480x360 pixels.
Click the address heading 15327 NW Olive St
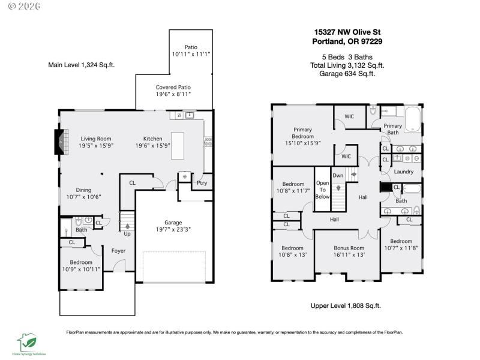pos(347,32)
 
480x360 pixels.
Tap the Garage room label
pos(173,222)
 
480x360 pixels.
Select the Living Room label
pos(96,139)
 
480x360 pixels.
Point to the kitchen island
pos(178,146)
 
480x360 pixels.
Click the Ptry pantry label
pos(202,183)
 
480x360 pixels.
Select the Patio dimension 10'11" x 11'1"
pos(191,54)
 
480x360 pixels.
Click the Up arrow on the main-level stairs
pos(127,227)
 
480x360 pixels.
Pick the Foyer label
pos(118,250)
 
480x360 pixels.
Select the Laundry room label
pos(404,172)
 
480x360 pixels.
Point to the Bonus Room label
pos(349,248)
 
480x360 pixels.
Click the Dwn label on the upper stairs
pos(338,175)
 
